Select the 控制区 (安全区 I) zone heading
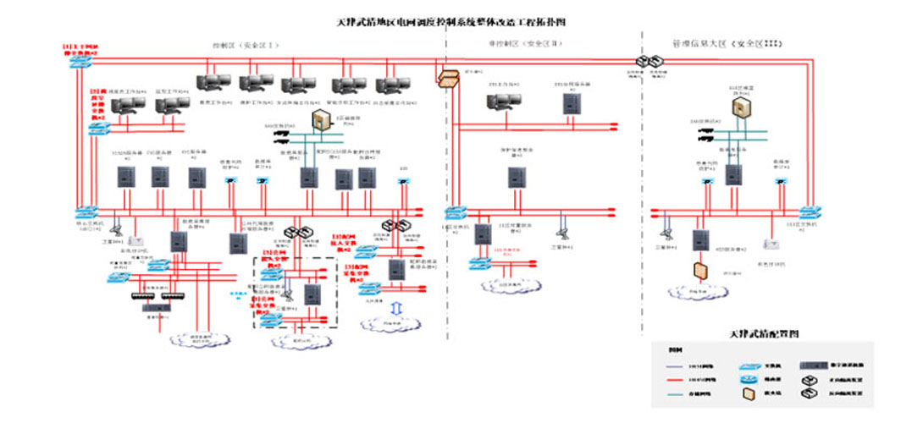click(x=245, y=44)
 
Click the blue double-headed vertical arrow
click(x=398, y=305)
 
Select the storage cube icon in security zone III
click(x=741, y=107)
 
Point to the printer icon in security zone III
click(x=772, y=244)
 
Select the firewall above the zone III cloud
click(x=700, y=271)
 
